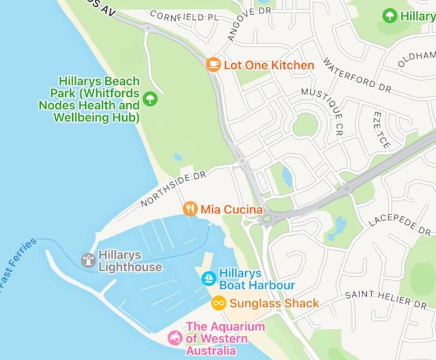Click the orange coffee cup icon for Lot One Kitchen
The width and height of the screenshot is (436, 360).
coord(213,65)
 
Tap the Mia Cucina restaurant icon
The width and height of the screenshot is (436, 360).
coord(190,209)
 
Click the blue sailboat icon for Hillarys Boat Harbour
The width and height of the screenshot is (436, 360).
coord(209,278)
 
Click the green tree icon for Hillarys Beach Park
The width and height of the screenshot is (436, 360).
coord(151,98)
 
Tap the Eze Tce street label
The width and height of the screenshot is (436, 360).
coord(381,129)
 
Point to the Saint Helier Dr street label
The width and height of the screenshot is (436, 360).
coord(385,299)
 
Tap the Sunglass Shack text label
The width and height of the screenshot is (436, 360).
coord(274,303)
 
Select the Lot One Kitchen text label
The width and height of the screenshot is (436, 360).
coord(269,65)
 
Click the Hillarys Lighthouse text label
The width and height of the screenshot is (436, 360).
coord(130,261)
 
